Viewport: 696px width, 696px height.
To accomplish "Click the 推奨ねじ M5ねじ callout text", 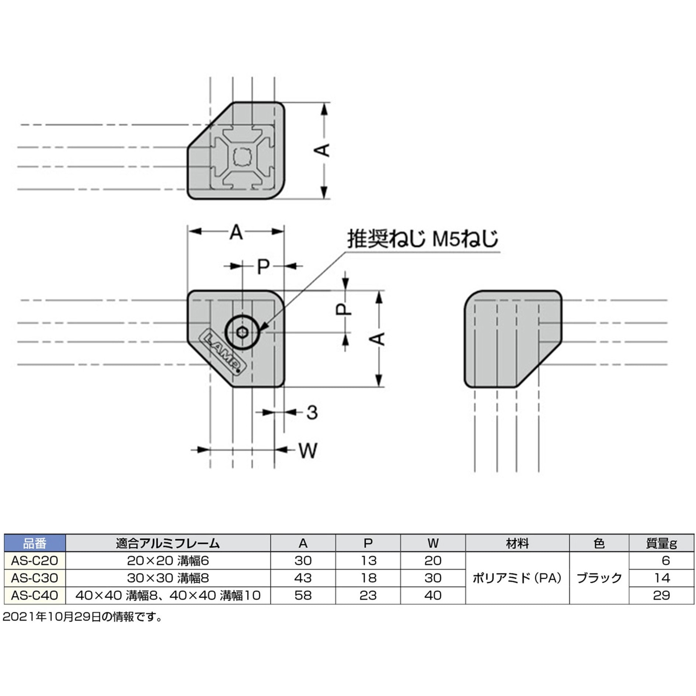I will click(x=422, y=239).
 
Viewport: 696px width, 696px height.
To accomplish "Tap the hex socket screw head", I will click(x=242, y=332).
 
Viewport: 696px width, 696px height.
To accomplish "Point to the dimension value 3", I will click(x=312, y=413).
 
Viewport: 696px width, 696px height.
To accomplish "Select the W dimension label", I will click(x=307, y=450).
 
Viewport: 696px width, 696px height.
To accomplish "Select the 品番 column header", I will click(x=35, y=543).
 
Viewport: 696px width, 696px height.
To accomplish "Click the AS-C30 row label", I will click(x=35, y=578).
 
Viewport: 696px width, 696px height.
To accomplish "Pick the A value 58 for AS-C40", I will click(x=303, y=595).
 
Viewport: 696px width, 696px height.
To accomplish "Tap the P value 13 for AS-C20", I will click(x=368, y=560).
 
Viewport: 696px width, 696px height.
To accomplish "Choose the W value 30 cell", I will click(x=433, y=578).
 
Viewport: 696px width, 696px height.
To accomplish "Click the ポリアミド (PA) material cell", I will click(x=517, y=578).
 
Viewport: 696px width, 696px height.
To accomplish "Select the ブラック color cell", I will click(x=599, y=578).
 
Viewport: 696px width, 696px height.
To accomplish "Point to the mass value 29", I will click(x=661, y=595).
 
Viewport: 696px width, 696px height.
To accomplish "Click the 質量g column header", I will click(x=661, y=543).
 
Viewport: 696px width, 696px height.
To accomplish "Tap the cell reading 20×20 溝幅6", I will click(x=168, y=560).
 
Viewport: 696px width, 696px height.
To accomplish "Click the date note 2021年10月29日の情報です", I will click(x=82, y=617).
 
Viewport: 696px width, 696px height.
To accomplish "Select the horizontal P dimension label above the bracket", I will click(x=263, y=266).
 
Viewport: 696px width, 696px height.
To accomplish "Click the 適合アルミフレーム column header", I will click(x=168, y=543).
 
